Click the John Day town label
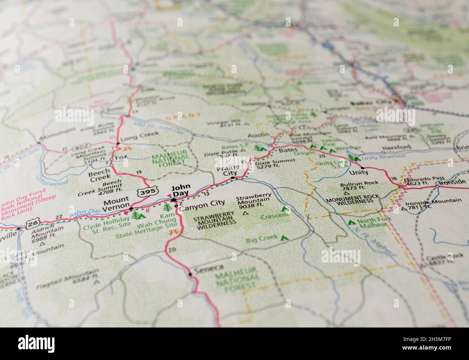click(x=180, y=191)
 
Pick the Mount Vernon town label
click(x=116, y=204)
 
